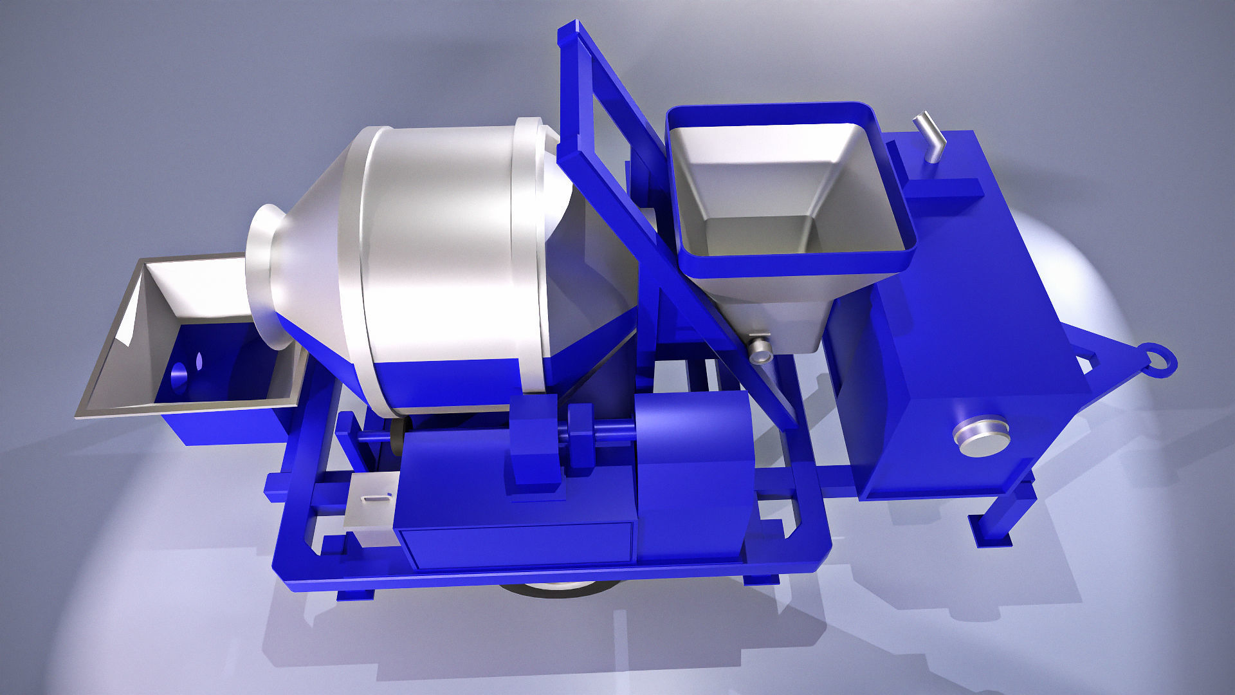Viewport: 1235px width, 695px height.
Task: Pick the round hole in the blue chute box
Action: [x=178, y=373]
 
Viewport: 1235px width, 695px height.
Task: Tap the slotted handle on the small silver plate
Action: [x=377, y=497]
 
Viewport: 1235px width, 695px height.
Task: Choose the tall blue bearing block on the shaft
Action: [x=534, y=444]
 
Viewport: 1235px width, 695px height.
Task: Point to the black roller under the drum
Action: [x=397, y=438]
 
